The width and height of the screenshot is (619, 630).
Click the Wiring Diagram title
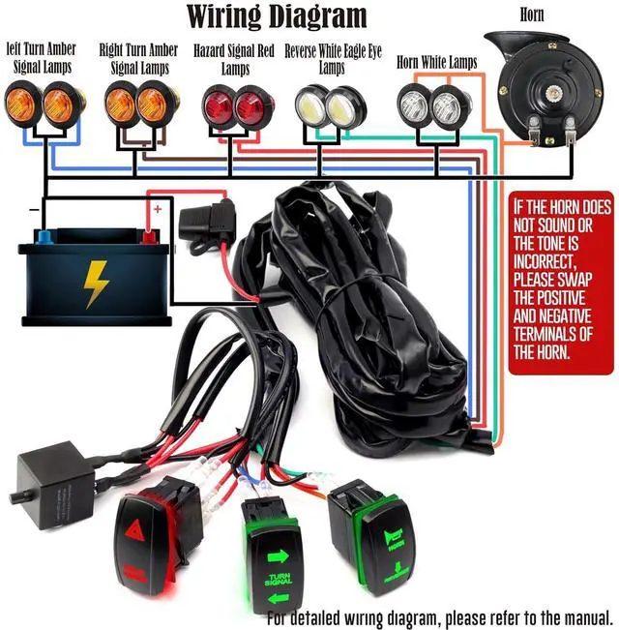(x=277, y=15)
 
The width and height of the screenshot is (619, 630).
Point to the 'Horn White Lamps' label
(x=436, y=63)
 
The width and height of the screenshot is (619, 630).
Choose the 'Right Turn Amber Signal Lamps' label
(x=139, y=58)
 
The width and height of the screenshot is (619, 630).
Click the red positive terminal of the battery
(x=148, y=236)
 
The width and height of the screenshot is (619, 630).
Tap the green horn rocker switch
(x=383, y=538)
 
